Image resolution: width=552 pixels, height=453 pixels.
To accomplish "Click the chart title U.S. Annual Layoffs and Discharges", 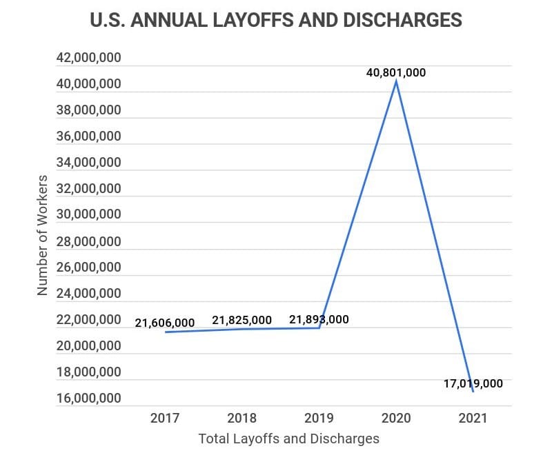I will click(x=276, y=21).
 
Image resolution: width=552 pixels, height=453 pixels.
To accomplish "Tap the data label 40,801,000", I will click(x=396, y=72).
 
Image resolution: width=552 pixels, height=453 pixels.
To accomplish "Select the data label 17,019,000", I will click(x=473, y=383).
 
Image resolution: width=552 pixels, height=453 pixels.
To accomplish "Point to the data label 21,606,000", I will click(x=164, y=322).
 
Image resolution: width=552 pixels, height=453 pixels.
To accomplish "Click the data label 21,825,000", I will click(x=241, y=320).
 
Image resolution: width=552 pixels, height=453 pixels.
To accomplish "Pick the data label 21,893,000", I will click(x=319, y=319).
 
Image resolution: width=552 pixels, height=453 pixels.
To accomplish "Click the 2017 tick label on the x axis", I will click(x=164, y=418).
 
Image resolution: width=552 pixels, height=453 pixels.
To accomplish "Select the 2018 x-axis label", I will click(x=241, y=418).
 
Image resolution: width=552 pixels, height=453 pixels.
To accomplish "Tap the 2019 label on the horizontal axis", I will click(x=319, y=418).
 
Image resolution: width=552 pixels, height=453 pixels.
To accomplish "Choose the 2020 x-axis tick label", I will click(x=396, y=418).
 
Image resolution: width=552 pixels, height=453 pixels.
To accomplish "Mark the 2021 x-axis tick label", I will click(x=473, y=418).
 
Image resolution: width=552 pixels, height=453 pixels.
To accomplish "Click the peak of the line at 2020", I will click(x=396, y=81).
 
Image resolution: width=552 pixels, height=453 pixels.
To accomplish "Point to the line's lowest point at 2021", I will click(x=473, y=392).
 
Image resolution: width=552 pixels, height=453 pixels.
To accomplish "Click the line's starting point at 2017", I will click(x=165, y=332).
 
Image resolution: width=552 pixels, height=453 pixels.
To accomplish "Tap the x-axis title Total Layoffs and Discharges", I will click(x=288, y=439).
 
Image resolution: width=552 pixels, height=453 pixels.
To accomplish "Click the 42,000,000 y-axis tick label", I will click(x=88, y=58).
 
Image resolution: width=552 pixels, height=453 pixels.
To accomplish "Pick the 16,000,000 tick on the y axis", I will click(x=88, y=399).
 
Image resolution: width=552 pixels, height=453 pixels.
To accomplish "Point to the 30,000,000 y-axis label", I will click(x=88, y=214).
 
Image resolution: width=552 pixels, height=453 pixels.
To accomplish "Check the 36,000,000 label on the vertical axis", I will click(x=88, y=137).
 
